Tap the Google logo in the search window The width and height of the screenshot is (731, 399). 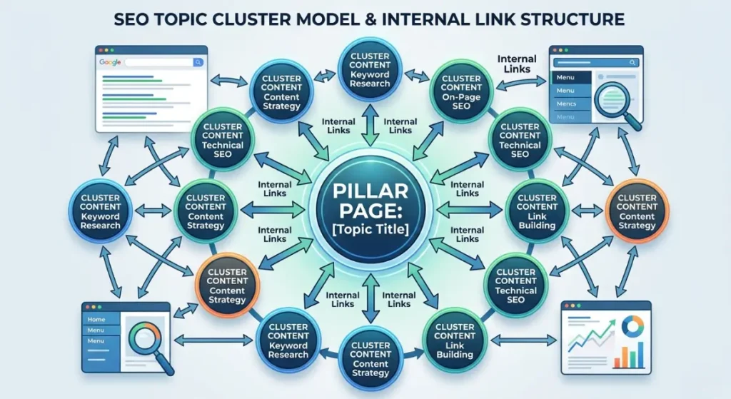pos(110,62)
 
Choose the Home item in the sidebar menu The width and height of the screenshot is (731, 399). pos(96,319)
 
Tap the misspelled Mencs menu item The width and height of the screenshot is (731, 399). pos(565,104)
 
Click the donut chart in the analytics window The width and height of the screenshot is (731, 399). pos(631,326)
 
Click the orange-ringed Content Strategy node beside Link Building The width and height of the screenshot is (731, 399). pos(637,212)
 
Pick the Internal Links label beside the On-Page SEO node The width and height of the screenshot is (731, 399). pos(516,64)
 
